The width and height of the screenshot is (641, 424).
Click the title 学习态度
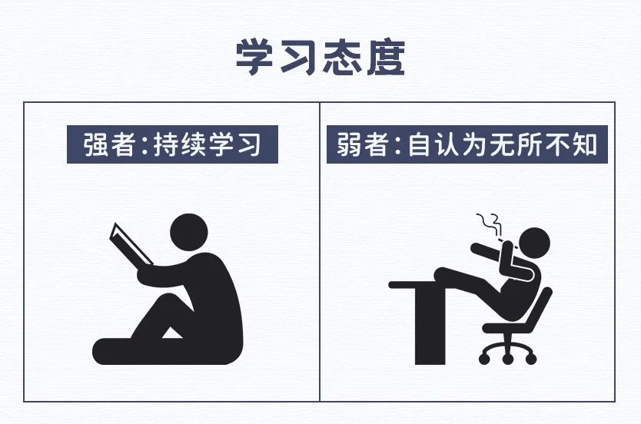pos(320,57)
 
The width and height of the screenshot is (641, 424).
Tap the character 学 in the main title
pos(254,57)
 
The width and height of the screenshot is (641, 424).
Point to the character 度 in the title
pos(386,57)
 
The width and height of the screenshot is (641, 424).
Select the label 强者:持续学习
pos(172,144)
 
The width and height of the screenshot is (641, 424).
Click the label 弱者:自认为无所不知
pos(467,144)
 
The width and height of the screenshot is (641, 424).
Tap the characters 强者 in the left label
pos(109,144)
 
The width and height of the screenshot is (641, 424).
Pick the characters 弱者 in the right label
pos(362,144)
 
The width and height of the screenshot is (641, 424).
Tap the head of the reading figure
pos(189,233)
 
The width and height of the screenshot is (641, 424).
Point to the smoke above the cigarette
pos(490,224)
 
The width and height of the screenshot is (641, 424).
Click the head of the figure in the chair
pos(534,243)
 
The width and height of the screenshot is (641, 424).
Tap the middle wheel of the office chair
pos(508,359)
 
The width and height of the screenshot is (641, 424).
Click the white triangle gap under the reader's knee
pos(172,333)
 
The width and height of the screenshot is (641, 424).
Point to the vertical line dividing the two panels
pos(320,252)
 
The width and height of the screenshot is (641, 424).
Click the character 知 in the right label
pos(586,144)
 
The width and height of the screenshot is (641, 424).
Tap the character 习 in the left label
pos(249,144)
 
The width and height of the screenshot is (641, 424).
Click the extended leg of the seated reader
pos(135,351)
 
